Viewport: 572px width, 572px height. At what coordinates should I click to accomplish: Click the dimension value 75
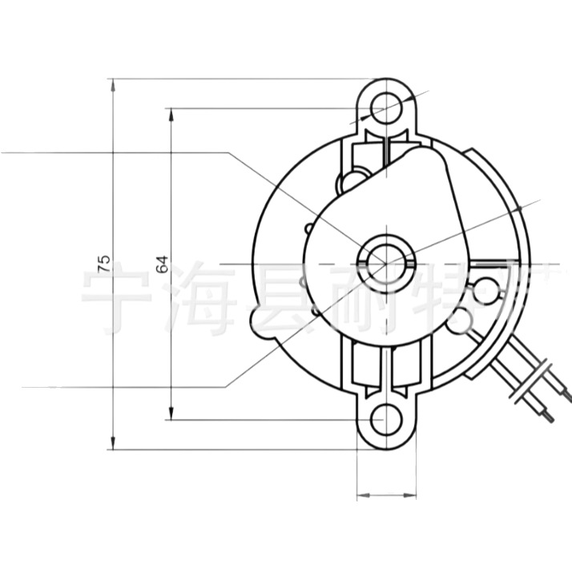(x=103, y=264)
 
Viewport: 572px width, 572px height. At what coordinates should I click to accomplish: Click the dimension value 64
(x=162, y=264)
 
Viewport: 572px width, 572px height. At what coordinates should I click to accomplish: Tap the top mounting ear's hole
(x=387, y=104)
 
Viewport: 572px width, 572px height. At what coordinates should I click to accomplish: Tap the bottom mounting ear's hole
(x=387, y=420)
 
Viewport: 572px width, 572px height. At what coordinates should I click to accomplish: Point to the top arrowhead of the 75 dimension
(x=114, y=83)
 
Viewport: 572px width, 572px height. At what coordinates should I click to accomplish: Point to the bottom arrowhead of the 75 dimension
(x=114, y=444)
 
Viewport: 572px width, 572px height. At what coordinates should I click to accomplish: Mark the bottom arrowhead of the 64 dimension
(x=171, y=414)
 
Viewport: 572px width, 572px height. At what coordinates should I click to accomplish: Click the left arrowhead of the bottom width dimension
(x=361, y=493)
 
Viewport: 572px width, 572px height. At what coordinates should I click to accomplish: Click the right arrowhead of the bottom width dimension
(x=414, y=493)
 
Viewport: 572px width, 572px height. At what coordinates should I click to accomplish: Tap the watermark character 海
(x=197, y=303)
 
